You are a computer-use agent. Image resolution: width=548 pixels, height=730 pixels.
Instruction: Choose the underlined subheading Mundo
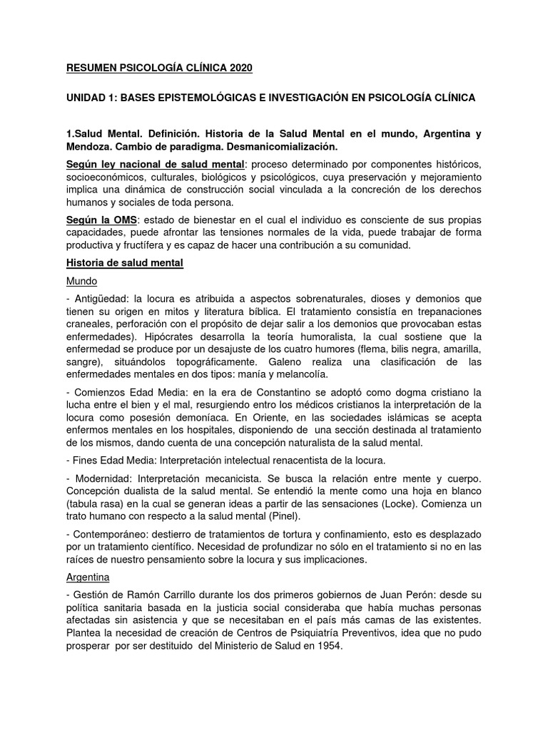(81, 281)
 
